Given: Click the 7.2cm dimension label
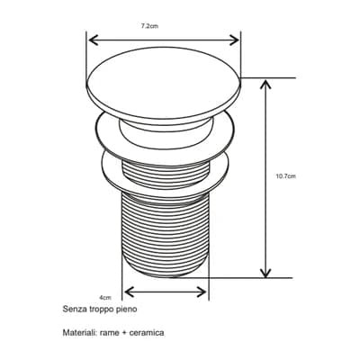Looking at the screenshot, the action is click(149, 26).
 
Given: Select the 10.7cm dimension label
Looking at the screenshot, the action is click(285, 176).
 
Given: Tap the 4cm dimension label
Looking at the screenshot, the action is click(105, 298).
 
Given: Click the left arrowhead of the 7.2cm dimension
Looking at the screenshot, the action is click(94, 40).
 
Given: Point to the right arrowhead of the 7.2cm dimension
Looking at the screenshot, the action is click(234, 40).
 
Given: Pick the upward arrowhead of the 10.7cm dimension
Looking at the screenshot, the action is click(265, 85).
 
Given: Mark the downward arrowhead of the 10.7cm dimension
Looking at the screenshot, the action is click(265, 273).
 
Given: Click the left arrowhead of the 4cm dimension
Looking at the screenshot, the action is click(129, 292).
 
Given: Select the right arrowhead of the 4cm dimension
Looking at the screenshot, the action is click(202, 292).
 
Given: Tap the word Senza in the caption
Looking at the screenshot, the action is click(71, 309).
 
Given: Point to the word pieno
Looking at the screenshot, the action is click(126, 310).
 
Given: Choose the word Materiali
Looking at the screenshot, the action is click(80, 333).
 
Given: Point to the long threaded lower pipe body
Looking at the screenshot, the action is click(165, 234).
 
